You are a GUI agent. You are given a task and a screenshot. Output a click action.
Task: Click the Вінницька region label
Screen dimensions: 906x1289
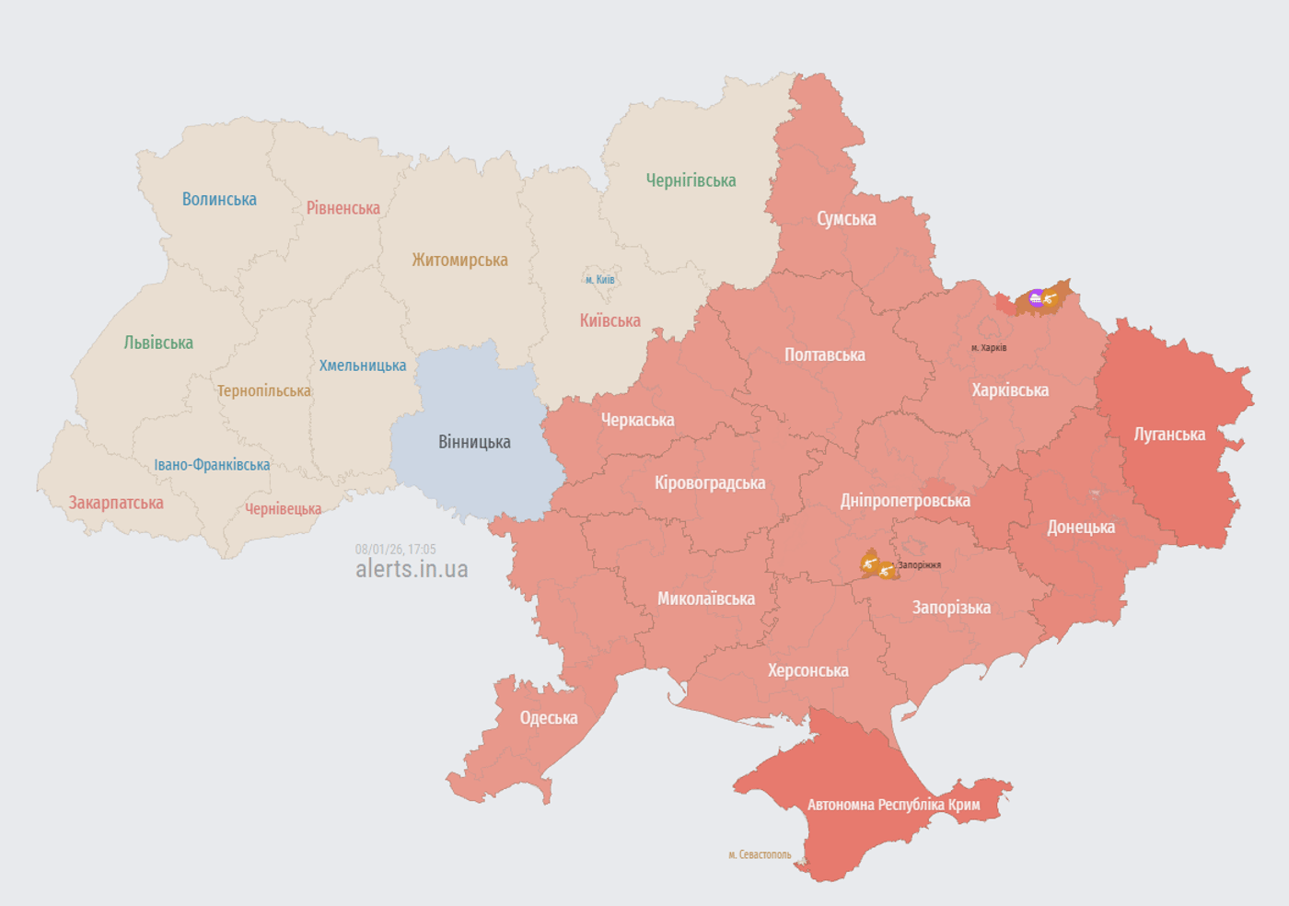click(474, 442)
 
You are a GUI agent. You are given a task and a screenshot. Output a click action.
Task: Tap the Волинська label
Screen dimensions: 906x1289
click(219, 200)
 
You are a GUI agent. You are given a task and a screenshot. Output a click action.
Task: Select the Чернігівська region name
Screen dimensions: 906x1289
click(691, 180)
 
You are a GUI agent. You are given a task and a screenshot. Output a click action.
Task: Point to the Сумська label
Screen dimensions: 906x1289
click(846, 219)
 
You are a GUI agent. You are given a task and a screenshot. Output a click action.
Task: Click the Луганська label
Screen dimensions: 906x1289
click(1169, 435)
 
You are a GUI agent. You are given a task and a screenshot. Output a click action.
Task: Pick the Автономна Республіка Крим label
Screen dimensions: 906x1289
click(893, 805)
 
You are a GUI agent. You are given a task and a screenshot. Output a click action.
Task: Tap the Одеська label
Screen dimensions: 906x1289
click(549, 718)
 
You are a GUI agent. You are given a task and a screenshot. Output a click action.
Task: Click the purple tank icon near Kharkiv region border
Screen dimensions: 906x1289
click(1036, 297)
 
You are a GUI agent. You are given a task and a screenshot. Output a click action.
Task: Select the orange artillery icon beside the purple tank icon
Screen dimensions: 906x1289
click(1050, 298)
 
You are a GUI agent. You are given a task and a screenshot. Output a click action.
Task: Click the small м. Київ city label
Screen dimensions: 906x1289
click(600, 280)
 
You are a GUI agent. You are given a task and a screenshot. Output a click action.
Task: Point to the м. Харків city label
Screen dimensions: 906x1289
click(989, 348)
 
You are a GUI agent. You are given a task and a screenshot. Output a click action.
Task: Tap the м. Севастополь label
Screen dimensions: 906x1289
click(760, 855)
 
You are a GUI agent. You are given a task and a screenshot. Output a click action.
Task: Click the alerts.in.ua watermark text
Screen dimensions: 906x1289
click(412, 570)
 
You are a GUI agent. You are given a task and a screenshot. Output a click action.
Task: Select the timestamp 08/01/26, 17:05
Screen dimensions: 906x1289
click(396, 550)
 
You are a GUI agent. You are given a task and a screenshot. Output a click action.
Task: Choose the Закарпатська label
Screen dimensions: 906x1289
click(116, 503)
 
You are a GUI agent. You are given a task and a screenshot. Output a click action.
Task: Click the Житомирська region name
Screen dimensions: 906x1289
click(459, 261)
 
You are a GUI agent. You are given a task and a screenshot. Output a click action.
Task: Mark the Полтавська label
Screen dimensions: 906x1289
click(824, 355)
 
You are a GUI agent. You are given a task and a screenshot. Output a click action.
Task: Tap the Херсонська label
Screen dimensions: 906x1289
click(808, 670)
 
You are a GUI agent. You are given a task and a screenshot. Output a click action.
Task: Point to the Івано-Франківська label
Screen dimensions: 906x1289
click(212, 465)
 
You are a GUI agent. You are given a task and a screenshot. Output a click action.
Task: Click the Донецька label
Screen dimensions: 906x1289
click(1081, 528)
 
